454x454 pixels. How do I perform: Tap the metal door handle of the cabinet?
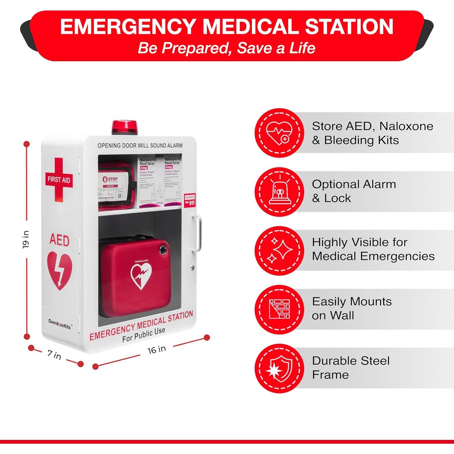tap(197, 233)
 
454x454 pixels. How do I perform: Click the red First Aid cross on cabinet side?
tap(59, 179)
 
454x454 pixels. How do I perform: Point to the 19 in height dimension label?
tap(26, 239)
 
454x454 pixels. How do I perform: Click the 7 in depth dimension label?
tap(54, 354)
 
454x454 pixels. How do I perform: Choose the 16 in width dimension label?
tap(156, 350)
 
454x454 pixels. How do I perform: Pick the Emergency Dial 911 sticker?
tap(190, 200)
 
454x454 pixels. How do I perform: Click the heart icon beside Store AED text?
tap(279, 133)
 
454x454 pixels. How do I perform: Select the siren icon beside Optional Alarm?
tap(279, 192)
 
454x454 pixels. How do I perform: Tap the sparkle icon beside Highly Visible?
tap(279, 251)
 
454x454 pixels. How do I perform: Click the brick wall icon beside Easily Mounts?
tap(279, 309)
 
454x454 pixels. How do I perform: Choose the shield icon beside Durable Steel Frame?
tap(279, 368)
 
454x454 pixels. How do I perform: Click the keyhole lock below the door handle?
tap(192, 267)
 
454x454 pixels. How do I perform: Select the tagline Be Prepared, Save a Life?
tap(226, 48)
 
